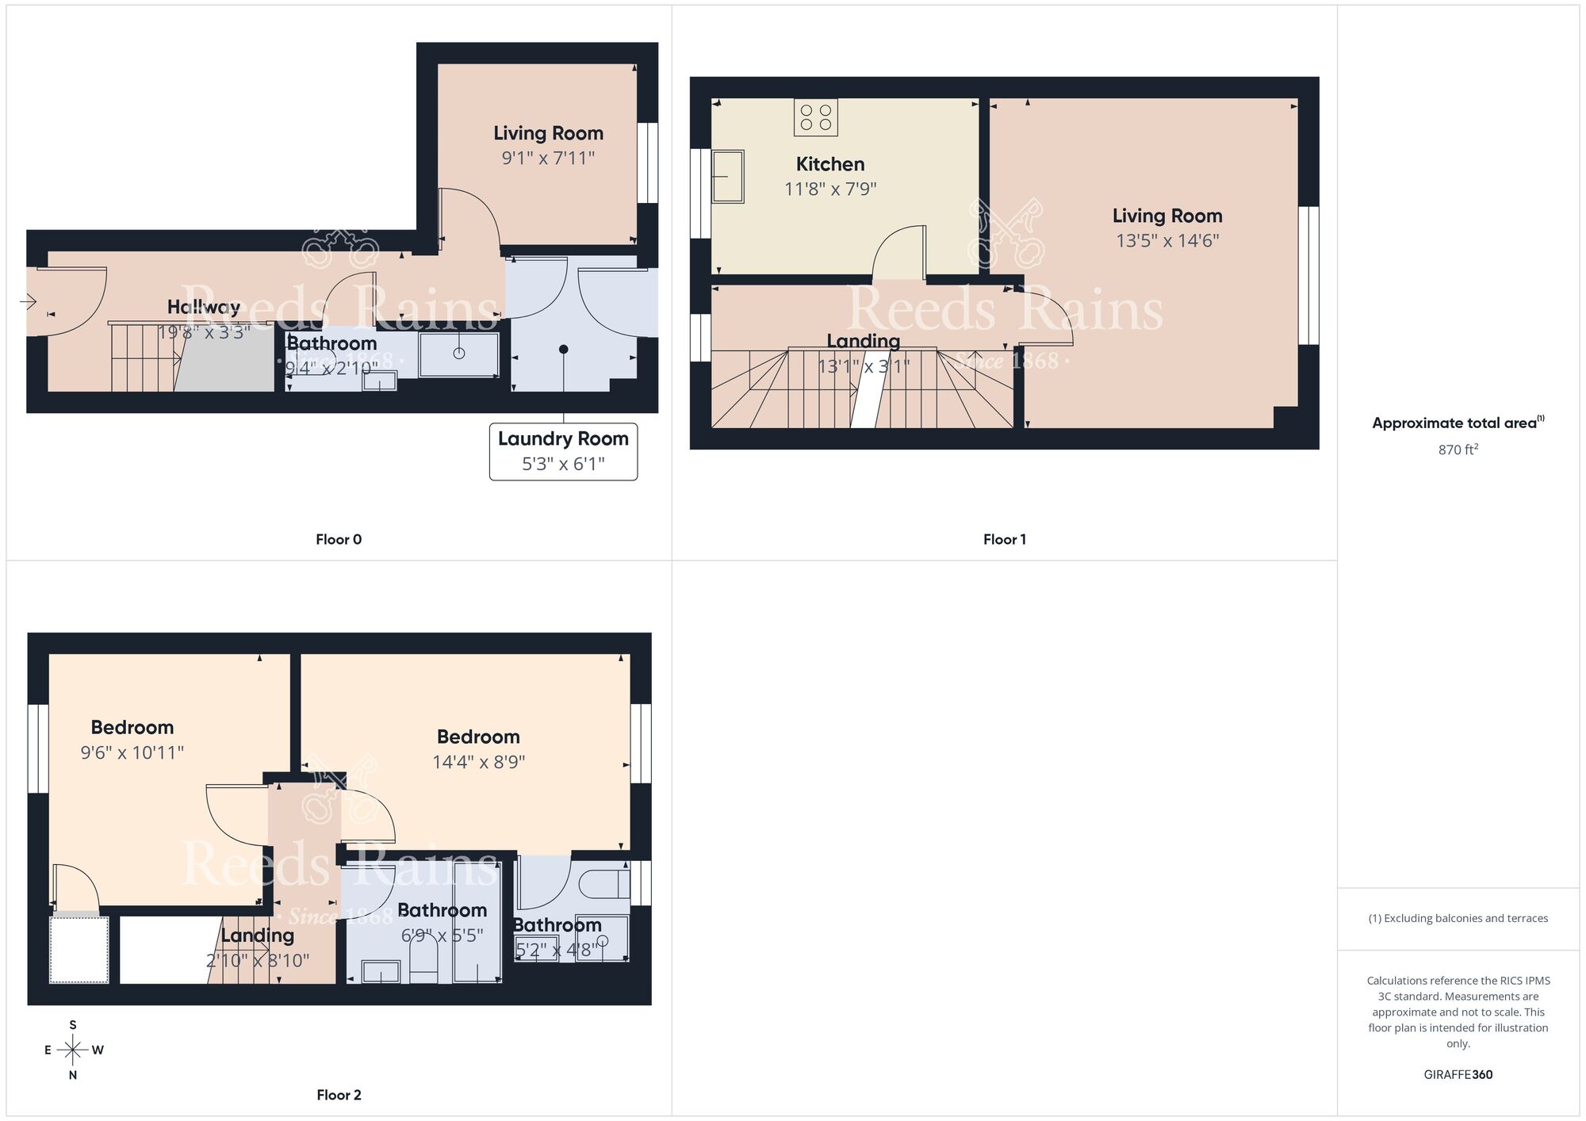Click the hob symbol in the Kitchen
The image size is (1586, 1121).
pos(816,117)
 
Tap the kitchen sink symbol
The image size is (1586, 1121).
pos(727,176)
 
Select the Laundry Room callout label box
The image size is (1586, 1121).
pos(563,451)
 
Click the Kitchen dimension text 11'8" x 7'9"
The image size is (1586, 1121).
pos(830,189)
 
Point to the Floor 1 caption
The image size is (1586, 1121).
pos(1004,539)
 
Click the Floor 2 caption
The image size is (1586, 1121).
pos(339,1095)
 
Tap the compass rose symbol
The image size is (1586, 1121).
pos(73,1050)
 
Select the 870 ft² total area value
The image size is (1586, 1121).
pos(1458,450)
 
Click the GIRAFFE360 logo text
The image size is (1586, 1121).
pos(1458,1075)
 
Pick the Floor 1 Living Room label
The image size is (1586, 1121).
pos(1167,216)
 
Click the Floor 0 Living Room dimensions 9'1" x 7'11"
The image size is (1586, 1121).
pos(548,158)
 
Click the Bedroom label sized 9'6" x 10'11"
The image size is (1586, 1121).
pos(132,727)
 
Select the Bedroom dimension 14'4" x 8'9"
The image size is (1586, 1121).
pos(478,762)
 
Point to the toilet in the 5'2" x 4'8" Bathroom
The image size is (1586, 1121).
pos(600,882)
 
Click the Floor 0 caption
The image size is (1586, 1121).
pos(339,539)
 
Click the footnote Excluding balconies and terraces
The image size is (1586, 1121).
pos(1458,918)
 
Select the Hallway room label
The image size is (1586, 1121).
pos(203,307)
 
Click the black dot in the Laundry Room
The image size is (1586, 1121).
pos(563,349)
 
